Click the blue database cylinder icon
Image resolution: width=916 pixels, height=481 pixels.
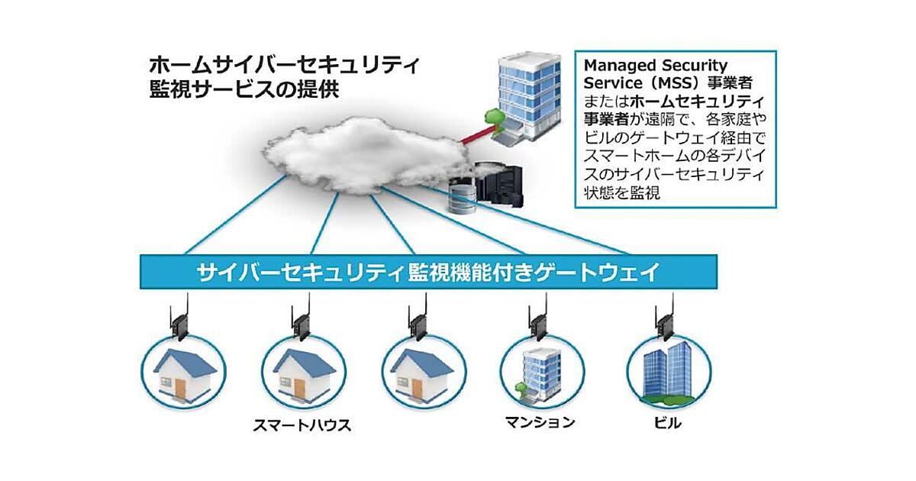point(461,196)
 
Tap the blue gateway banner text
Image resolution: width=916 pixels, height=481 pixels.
point(427,273)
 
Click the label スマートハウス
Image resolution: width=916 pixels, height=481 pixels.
point(302,425)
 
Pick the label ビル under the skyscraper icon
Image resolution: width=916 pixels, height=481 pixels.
point(662,422)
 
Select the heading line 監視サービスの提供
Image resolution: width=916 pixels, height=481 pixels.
point(245,89)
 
